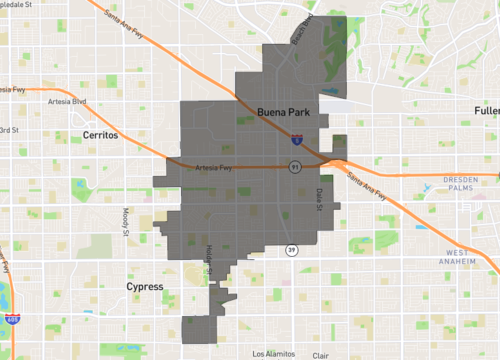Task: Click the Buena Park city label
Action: [284, 112]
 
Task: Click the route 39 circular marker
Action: [290, 249]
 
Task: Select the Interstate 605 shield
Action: [12, 319]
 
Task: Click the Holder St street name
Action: [209, 259]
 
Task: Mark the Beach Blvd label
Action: [302, 25]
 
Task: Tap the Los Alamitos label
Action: [273, 354]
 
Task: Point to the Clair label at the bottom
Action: [320, 355]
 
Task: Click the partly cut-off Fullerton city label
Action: [487, 109]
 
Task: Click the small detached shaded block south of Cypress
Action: [200, 328]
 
